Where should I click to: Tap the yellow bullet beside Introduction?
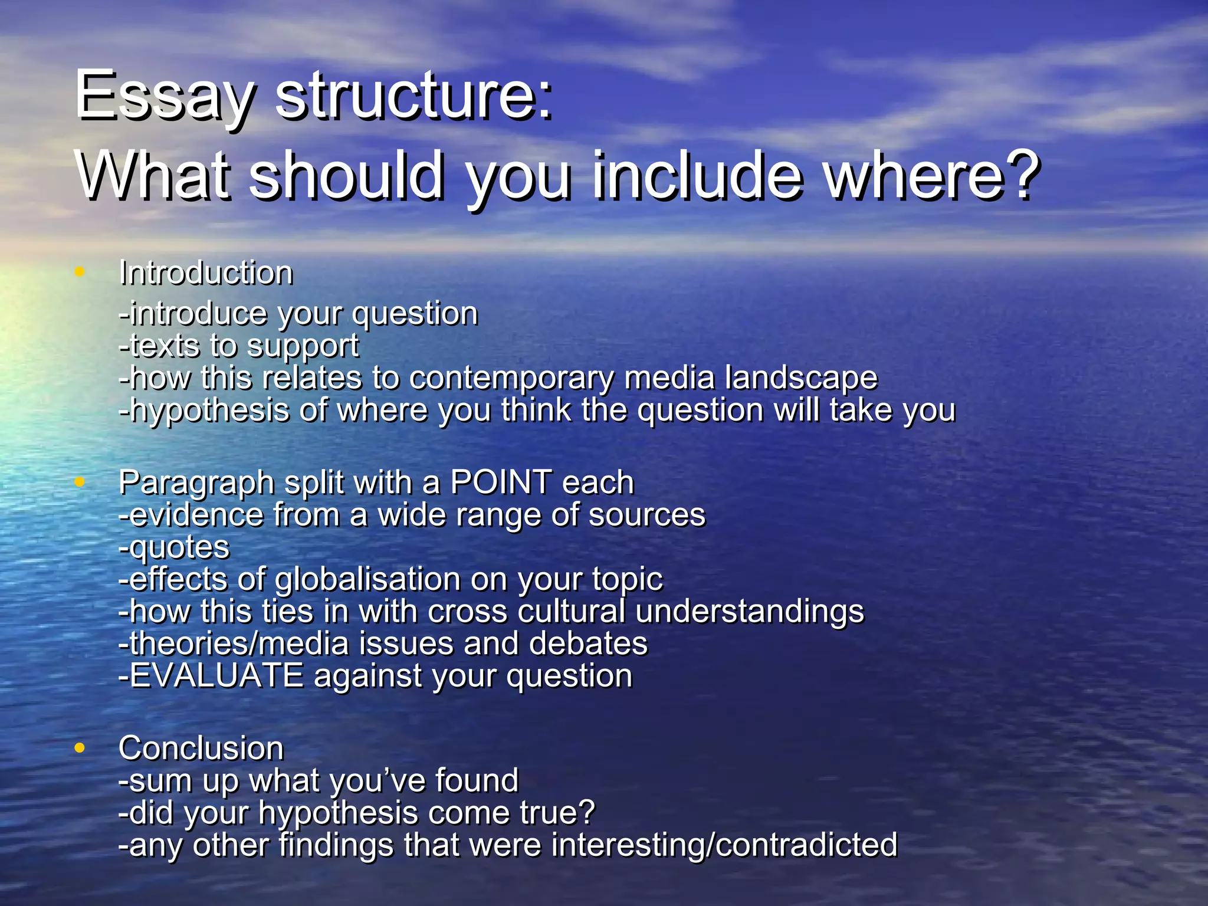pos(80,272)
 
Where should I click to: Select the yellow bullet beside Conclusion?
pos(80,748)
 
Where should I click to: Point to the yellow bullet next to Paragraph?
pos(80,482)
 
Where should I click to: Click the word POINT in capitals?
pos(501,482)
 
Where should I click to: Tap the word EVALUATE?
pos(216,675)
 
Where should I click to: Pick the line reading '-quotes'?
pos(174,548)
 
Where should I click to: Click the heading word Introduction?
pos(206,273)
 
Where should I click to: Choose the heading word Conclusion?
pos(201,749)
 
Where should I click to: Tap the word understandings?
pos(750,612)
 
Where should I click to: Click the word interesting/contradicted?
pos(724,845)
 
